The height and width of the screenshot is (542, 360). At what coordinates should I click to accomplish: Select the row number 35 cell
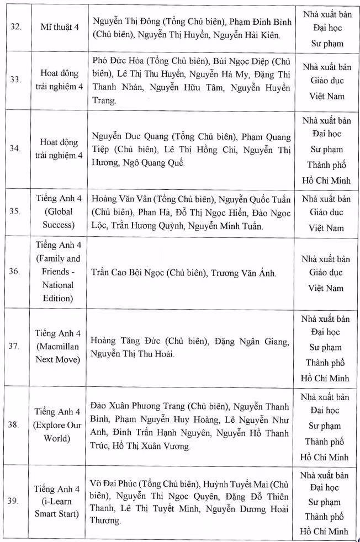coord(17,212)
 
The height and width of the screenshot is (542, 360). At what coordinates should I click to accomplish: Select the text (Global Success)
coord(57,218)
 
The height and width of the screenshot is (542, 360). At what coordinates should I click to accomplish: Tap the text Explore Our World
coord(57,432)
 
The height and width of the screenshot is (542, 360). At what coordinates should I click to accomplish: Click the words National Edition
coord(57,292)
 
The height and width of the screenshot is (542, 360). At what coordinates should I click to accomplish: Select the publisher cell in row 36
coord(326,273)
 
